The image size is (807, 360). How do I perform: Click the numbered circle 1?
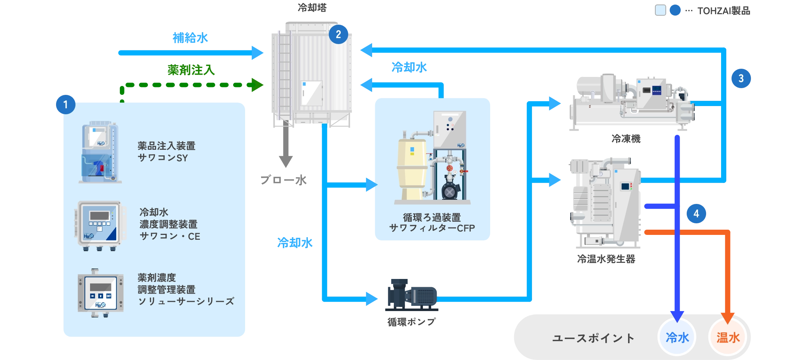(65, 104)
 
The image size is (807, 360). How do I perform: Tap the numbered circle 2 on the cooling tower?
(338, 34)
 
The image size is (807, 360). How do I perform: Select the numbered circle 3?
(741, 78)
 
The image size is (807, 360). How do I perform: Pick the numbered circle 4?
(696, 214)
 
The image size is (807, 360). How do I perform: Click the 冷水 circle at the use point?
(677, 338)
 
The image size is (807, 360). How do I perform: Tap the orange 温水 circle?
(728, 338)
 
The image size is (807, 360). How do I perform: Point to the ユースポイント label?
(593, 338)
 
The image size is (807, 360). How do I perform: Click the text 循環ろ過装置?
(432, 217)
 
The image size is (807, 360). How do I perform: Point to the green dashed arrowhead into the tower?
(257, 85)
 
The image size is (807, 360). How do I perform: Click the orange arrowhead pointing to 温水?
(727, 317)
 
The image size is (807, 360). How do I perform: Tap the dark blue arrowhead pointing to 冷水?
(677, 316)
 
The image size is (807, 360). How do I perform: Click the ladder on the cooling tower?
(285, 75)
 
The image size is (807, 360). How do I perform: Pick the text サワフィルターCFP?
(432, 228)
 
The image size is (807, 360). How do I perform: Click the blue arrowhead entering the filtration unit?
(371, 184)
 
